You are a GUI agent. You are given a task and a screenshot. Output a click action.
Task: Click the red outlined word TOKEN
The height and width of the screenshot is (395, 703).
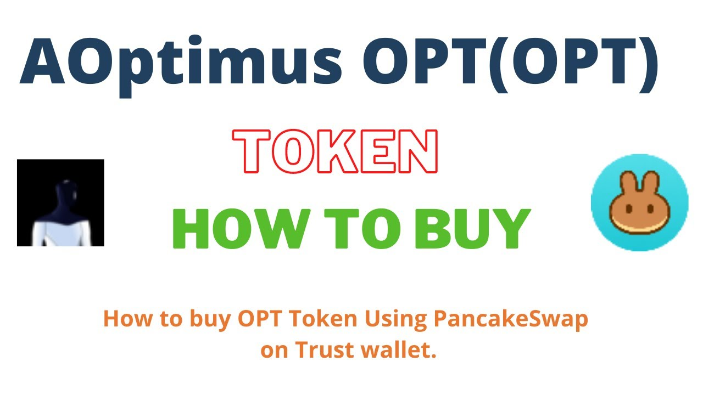pyautogui.click(x=335, y=151)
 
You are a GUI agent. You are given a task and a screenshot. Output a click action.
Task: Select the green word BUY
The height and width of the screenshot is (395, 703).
pyautogui.click(x=473, y=229)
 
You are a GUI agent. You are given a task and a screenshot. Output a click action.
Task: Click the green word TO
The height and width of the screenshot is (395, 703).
pyautogui.click(x=362, y=229)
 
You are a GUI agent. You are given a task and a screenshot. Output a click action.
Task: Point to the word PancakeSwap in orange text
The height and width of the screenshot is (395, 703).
pyautogui.click(x=511, y=320)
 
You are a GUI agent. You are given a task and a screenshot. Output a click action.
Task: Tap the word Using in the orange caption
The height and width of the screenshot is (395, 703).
pyautogui.click(x=395, y=320)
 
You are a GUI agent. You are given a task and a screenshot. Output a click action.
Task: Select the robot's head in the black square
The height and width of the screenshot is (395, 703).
pyautogui.click(x=66, y=191)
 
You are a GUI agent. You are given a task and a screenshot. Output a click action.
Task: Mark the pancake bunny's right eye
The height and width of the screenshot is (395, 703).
pyautogui.click(x=651, y=208)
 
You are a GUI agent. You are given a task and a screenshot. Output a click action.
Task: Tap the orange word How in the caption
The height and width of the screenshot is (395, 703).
pyautogui.click(x=127, y=319)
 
